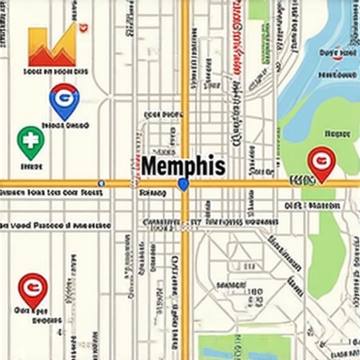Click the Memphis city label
(183, 167)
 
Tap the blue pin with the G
(64, 100)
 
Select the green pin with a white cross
(30, 141)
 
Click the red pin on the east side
(321, 163)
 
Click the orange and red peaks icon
(51, 46)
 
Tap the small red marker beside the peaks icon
(85, 27)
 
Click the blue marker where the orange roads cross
(184, 185)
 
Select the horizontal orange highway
(70, 184)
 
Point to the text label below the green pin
(31, 167)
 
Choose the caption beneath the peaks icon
(56, 71)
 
